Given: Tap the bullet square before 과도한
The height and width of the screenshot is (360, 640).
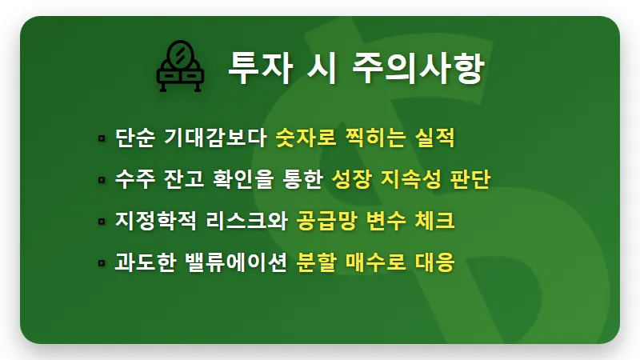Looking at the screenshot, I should coord(102,262).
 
